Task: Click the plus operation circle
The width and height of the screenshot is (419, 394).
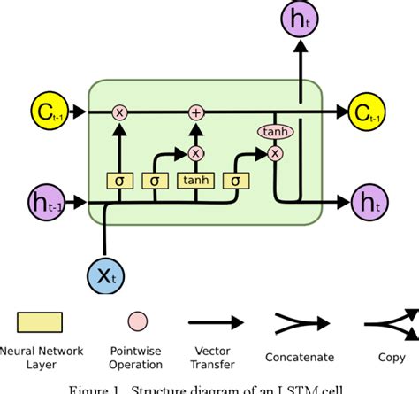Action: coord(196,112)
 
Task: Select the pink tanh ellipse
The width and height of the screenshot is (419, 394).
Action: coord(275,132)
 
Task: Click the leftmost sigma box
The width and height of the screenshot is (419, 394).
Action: coord(119,182)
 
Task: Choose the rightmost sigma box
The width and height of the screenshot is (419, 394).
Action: coord(236,182)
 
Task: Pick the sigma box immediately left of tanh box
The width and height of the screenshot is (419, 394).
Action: coord(156,182)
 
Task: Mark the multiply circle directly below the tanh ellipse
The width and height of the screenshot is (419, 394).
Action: coord(275,152)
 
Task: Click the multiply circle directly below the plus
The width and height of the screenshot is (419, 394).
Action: coord(196,152)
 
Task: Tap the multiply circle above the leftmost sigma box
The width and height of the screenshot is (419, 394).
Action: coord(119,112)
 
